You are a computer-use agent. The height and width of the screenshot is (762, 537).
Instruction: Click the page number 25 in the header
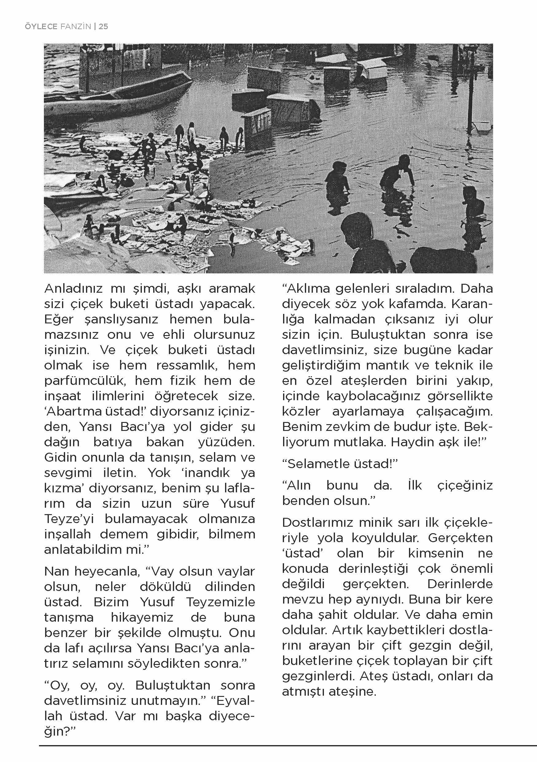(x=103, y=26)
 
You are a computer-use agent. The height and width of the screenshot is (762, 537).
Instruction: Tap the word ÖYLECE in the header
(x=41, y=26)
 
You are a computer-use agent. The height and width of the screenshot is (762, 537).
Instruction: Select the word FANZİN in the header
(x=76, y=26)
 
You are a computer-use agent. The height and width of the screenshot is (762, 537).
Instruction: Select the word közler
(x=301, y=411)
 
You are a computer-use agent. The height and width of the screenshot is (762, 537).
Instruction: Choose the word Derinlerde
(x=460, y=584)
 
